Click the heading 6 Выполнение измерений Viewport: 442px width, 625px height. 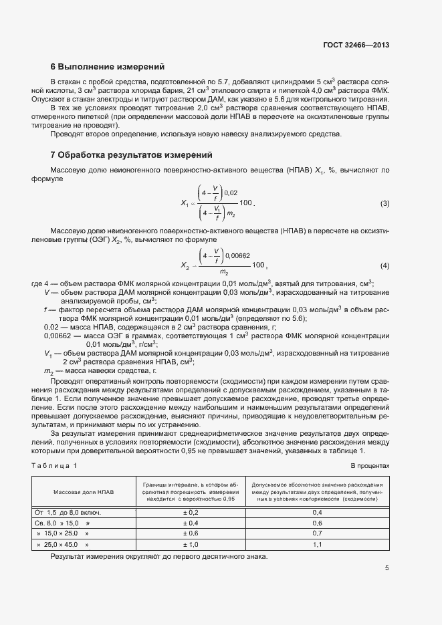[x=107, y=67]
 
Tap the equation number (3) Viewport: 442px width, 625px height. [x=384, y=203]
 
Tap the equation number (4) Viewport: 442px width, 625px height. [x=384, y=265]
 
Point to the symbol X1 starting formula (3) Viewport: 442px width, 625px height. [x=185, y=203]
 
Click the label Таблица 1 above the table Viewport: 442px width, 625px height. [x=54, y=465]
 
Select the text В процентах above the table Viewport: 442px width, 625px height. [x=370, y=465]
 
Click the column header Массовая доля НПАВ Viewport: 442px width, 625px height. [x=84, y=492]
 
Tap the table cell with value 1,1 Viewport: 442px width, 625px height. [x=318, y=545]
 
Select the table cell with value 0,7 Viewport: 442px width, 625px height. [x=318, y=534]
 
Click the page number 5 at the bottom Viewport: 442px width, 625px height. [x=387, y=569]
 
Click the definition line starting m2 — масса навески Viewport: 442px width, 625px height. [x=100, y=370]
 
